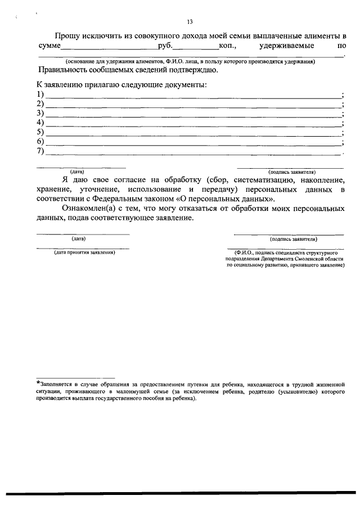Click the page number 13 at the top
pos(190,22)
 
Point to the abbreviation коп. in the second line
pos(228,48)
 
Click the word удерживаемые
pos(287,48)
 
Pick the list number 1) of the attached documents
pos(40,94)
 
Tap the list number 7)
pos(40,151)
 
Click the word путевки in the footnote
pos(186,383)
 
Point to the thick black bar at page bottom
pos(180,493)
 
